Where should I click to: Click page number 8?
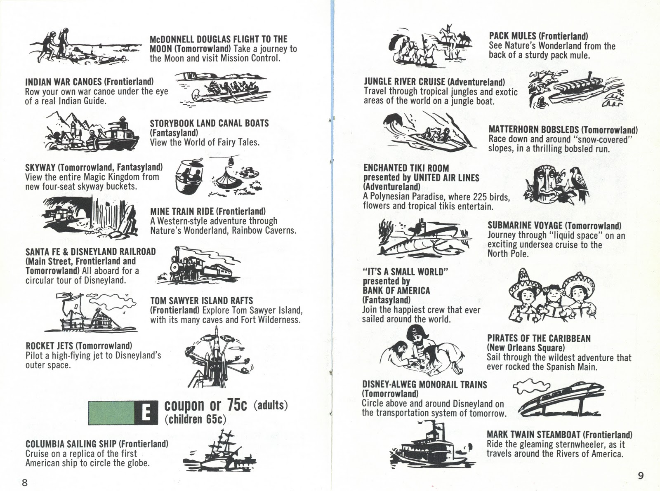tap(25, 482)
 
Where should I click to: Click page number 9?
tap(641, 475)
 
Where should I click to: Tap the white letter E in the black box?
tap(146, 413)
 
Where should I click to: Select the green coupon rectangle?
tap(112, 413)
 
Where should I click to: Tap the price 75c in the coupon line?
tap(236, 405)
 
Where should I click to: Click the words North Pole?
tap(508, 254)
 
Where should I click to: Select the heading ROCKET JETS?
tap(49, 346)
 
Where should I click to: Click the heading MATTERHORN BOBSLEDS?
tap(533, 130)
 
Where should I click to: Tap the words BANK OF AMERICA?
tap(396, 290)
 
